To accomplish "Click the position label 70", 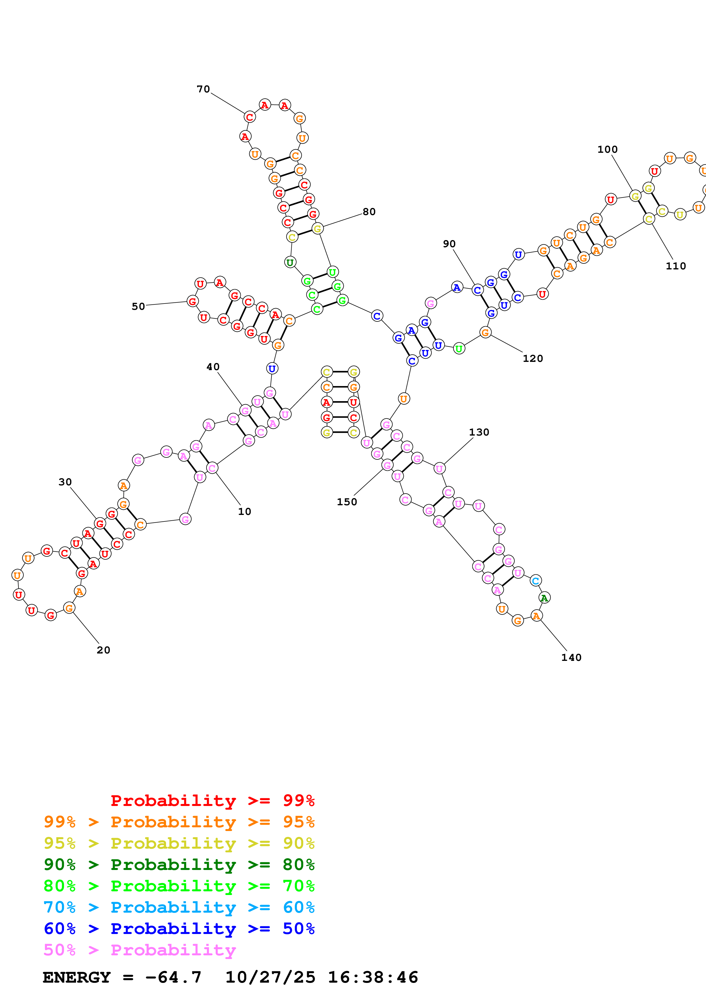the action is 203,89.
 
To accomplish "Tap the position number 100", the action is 607,150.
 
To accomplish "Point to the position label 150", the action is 347,502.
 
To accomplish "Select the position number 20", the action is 104,650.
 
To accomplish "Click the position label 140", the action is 571,657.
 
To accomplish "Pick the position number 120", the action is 533,358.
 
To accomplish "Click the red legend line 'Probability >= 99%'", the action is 212,800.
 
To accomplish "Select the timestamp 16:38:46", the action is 373,977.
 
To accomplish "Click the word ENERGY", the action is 77,977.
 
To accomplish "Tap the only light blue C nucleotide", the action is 535,580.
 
